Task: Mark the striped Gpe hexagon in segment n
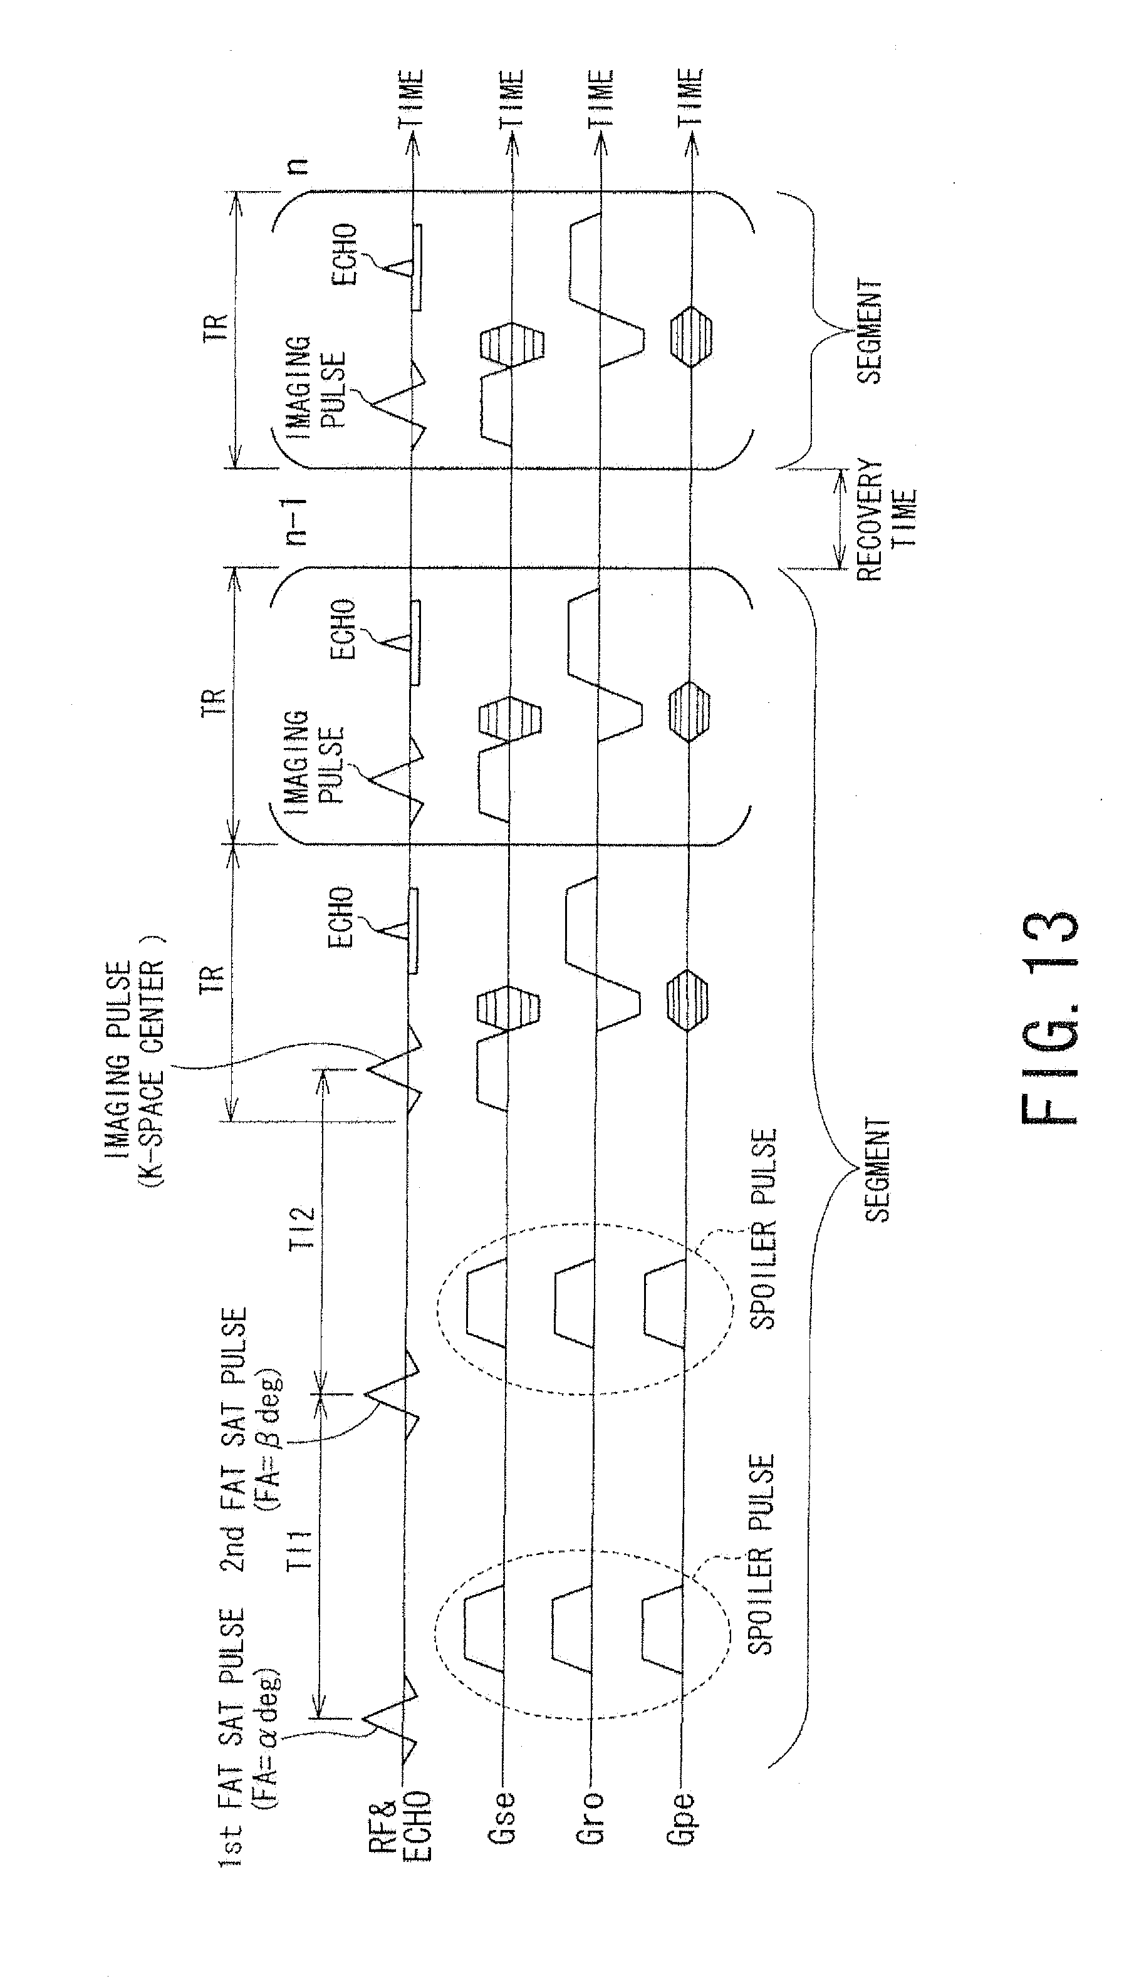(690, 336)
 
